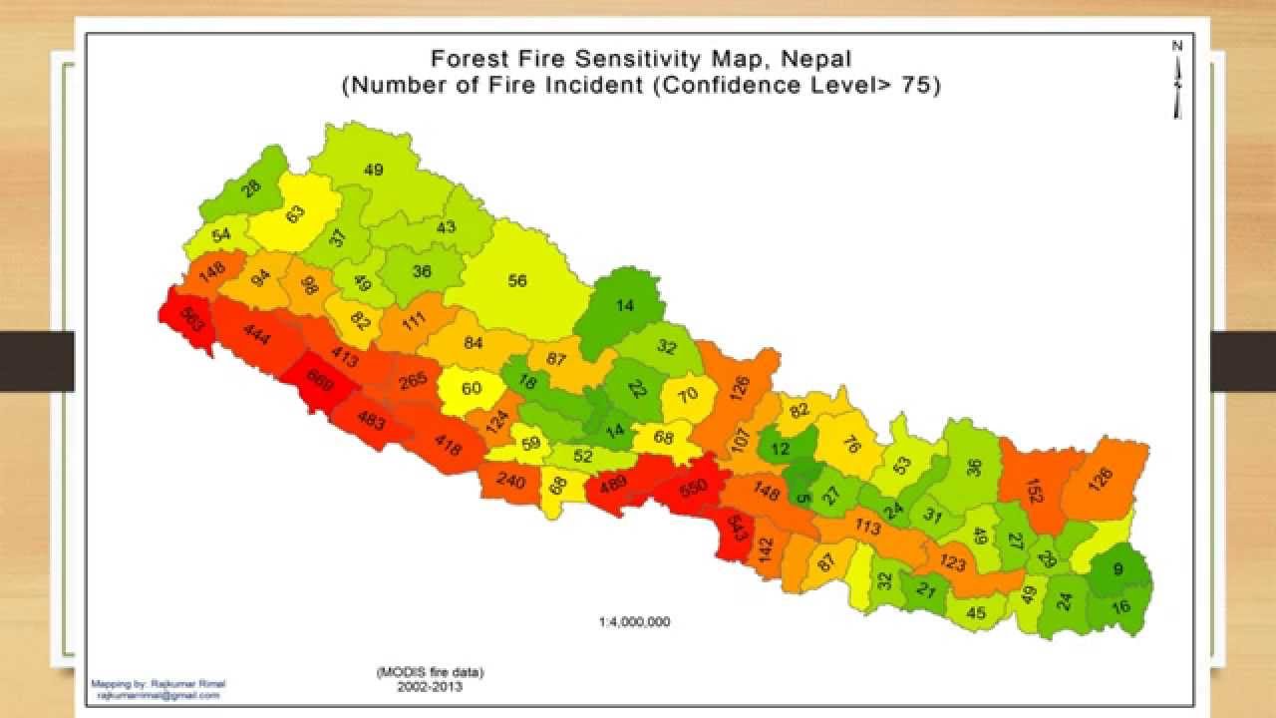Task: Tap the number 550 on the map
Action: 693,487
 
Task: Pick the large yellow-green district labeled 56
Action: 517,281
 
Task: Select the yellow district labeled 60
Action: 472,388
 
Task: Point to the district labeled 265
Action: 413,380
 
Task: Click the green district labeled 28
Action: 250,185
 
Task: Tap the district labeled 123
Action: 953,564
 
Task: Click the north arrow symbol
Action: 1177,80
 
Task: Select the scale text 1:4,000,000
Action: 634,621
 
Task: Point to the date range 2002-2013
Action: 430,686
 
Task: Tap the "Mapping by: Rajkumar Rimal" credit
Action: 159,684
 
